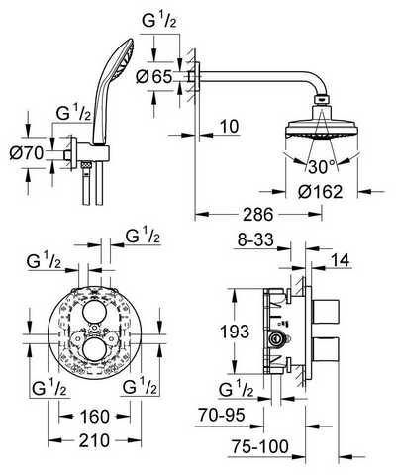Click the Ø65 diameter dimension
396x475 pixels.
[x=154, y=77]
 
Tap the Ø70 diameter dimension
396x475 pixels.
[x=27, y=153]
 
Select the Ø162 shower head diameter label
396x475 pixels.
[x=320, y=192]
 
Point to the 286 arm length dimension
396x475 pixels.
[x=258, y=215]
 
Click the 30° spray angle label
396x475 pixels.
[x=322, y=167]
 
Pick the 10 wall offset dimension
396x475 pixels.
[x=230, y=127]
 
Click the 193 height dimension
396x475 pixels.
[x=234, y=332]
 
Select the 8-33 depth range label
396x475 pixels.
[x=255, y=240]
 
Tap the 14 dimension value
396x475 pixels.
[x=340, y=260]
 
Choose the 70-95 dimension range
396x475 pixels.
[x=222, y=415]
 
